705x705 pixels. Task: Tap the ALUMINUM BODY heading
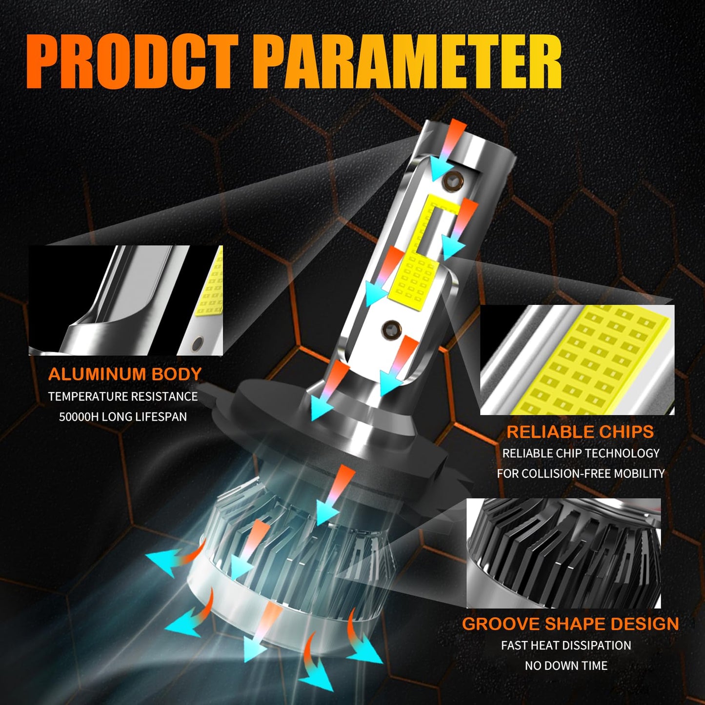pyautogui.click(x=125, y=374)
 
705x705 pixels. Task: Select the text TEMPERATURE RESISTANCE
pyautogui.click(x=123, y=397)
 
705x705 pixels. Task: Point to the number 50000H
pyautogui.click(x=79, y=417)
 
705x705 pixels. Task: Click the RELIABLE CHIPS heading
pyautogui.click(x=580, y=432)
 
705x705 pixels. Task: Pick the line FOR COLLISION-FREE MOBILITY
pyautogui.click(x=581, y=474)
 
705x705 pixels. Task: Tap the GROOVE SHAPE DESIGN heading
pyautogui.click(x=570, y=624)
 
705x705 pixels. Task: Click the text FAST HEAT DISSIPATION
pyautogui.click(x=566, y=646)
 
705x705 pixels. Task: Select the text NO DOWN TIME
pyautogui.click(x=566, y=665)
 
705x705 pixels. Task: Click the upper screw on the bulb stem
pyautogui.click(x=453, y=180)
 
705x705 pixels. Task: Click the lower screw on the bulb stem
pyautogui.click(x=391, y=330)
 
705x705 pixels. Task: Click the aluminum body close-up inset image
pyautogui.click(x=125, y=301)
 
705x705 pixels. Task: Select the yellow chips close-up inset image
pyautogui.click(x=577, y=360)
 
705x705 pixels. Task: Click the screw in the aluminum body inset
pyautogui.click(x=198, y=342)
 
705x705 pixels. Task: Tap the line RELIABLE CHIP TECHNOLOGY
pyautogui.click(x=581, y=453)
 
